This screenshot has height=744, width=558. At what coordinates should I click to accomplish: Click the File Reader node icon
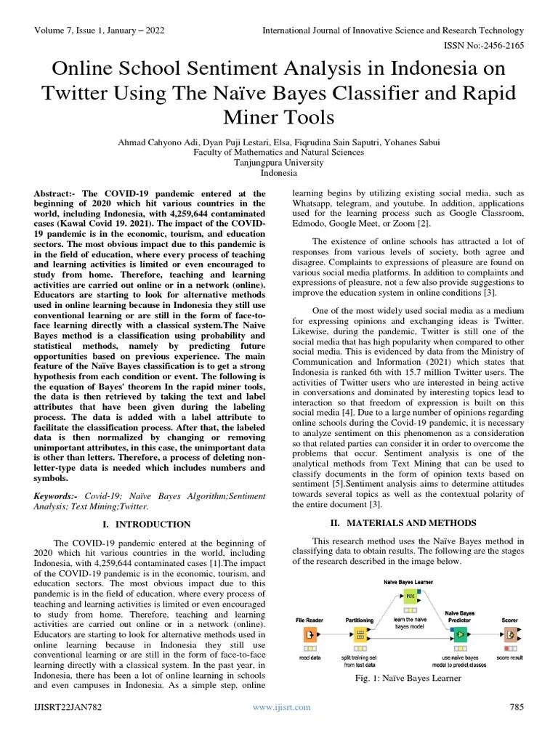(309, 634)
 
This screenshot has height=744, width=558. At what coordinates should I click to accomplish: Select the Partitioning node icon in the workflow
(360, 634)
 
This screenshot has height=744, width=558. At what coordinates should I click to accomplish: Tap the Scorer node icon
(510, 634)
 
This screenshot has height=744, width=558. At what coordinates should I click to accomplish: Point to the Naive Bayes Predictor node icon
(460, 634)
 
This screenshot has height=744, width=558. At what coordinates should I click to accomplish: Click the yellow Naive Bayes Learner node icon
(410, 596)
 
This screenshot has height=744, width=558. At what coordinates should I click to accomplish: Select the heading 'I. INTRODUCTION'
(153, 524)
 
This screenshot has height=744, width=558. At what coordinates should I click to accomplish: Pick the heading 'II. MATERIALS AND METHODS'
(404, 522)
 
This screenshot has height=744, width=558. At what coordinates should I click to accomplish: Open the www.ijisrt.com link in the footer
(281, 707)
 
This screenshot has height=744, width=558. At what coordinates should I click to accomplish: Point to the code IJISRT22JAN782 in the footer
(68, 707)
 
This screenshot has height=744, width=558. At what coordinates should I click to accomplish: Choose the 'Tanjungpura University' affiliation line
(279, 163)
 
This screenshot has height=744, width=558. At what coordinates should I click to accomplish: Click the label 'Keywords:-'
(57, 496)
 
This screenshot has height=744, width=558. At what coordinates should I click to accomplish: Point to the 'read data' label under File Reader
(310, 658)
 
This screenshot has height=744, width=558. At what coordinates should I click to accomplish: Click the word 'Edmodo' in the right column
(308, 224)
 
